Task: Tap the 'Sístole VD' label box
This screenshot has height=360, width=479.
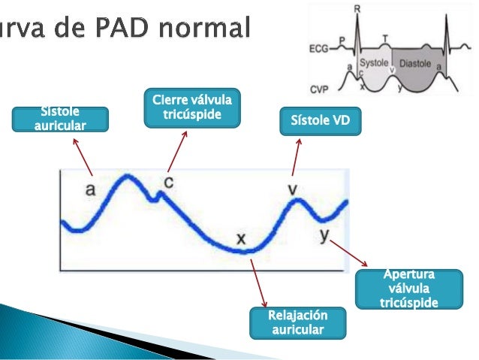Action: point(320,119)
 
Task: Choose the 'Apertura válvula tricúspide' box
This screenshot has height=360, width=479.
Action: point(409,289)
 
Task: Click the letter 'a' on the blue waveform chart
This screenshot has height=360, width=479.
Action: point(90,190)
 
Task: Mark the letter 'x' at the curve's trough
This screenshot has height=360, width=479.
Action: point(241,239)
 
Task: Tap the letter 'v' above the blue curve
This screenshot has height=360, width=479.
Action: point(294,188)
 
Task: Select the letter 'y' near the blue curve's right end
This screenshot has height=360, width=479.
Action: point(324,235)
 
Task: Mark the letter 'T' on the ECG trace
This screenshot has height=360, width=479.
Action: point(385,37)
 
